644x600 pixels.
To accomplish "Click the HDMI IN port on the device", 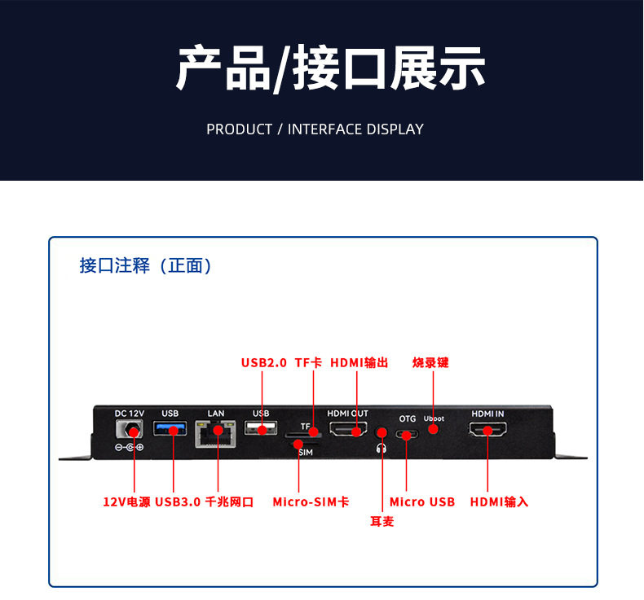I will point(487,429).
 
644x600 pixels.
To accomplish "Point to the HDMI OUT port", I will point(348,429).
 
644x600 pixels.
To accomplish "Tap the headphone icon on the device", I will point(380,447).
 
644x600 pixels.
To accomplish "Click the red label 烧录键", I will point(430,362).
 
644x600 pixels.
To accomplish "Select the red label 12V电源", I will point(126,502).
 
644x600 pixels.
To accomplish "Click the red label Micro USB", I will point(421,502).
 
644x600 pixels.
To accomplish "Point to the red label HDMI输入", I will point(499,502).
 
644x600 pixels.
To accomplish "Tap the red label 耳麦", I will point(382,521).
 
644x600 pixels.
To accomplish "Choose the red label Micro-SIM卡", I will point(311,502).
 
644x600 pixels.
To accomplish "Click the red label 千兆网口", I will point(229,502).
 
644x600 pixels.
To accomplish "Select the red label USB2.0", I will point(264,362).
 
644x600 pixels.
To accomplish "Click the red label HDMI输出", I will point(359,362).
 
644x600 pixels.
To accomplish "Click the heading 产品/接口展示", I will point(330,68).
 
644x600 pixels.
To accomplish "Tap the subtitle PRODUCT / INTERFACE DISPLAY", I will point(315,129).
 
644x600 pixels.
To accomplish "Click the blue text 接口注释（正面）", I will point(147,266).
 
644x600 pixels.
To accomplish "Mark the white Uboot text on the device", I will point(434,418).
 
